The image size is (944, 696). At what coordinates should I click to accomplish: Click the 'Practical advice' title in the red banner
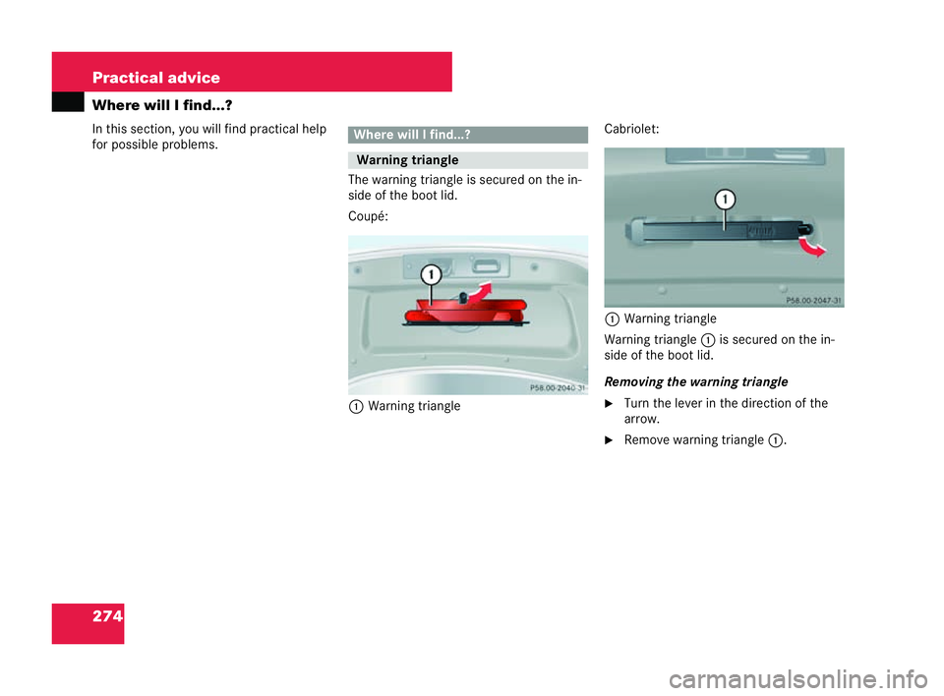(x=156, y=78)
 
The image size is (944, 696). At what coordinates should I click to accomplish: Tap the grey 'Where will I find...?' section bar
(x=467, y=135)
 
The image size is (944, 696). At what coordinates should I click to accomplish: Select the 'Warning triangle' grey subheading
(x=467, y=160)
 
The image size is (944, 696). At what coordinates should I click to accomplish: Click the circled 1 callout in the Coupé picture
(x=431, y=274)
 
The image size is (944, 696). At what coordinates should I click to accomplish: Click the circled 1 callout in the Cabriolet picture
(x=725, y=201)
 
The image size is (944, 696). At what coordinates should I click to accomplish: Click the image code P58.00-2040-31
(x=557, y=388)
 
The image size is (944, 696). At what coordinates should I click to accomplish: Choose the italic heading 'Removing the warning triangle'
(x=695, y=380)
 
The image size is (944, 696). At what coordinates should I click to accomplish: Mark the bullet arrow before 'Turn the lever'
(x=611, y=403)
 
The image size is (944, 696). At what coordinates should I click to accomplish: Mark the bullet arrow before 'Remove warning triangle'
(x=611, y=440)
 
